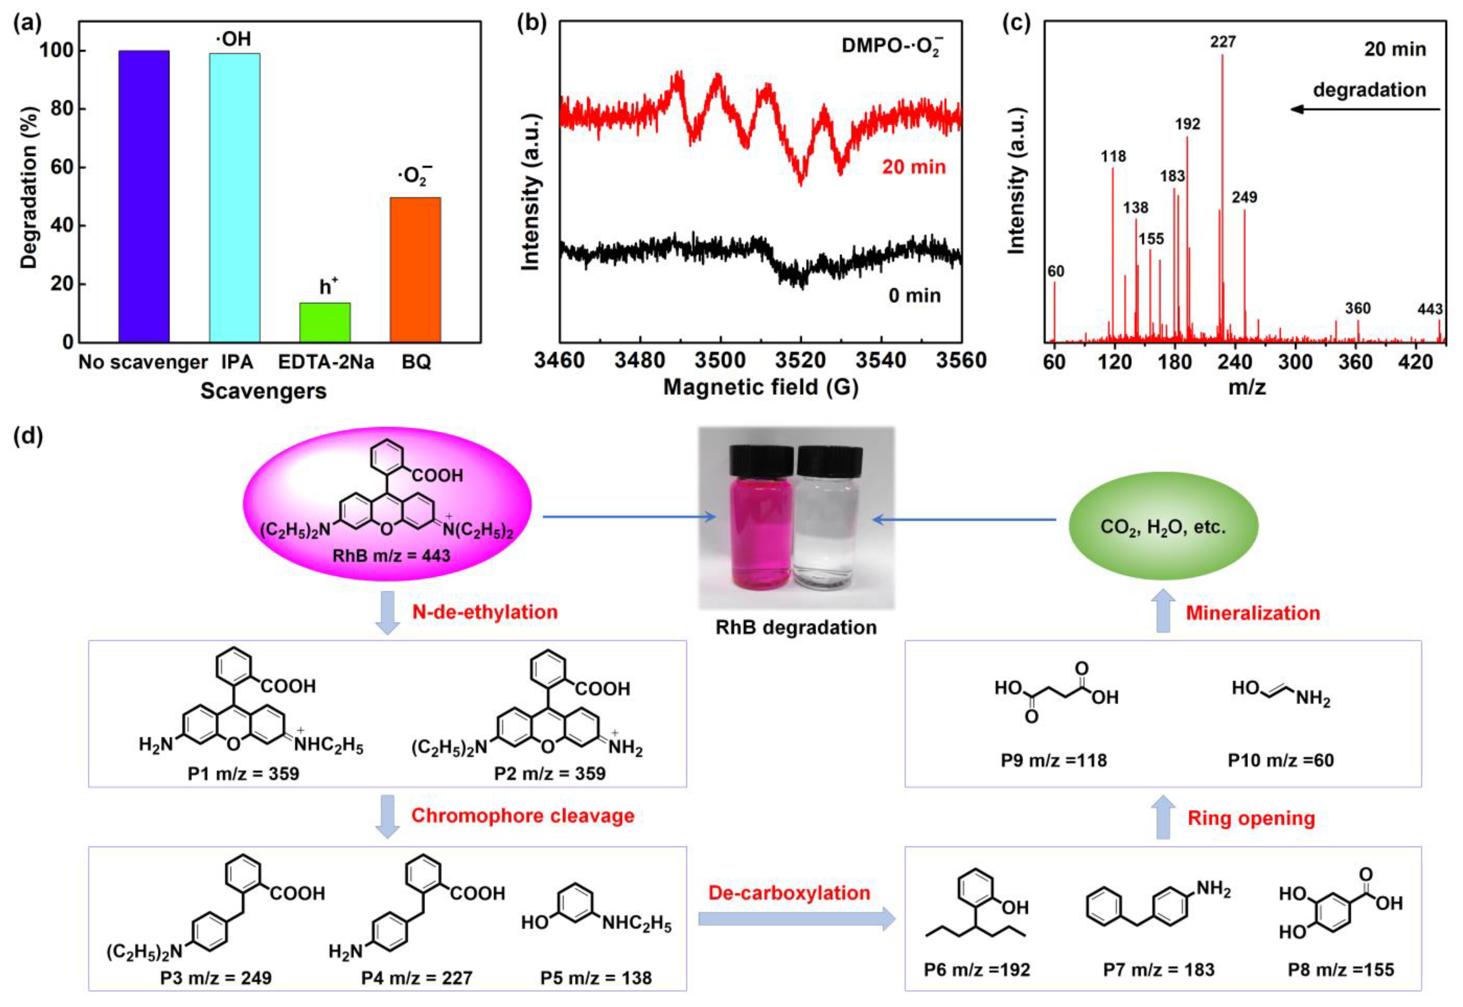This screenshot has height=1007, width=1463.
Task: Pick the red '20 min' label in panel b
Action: pos(913,167)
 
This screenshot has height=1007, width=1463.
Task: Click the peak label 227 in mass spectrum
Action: pos(1222,42)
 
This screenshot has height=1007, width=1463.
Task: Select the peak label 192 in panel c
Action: pos(1187,124)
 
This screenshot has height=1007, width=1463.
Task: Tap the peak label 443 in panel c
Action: pos(1430,309)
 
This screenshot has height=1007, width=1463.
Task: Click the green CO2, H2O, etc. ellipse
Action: pos(1163,527)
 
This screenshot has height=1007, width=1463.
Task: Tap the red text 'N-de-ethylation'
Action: pos(485,612)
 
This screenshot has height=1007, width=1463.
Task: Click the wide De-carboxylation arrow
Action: pos(796,919)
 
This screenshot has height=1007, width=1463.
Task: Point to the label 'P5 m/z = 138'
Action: pos(596,978)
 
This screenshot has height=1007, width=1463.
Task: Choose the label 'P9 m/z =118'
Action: pos(1053,760)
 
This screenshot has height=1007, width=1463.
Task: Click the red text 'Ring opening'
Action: pos(1251,818)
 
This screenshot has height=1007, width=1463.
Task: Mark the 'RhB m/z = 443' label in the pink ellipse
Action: pos(391,556)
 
